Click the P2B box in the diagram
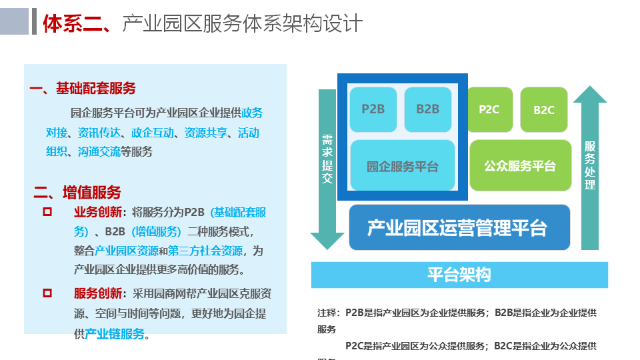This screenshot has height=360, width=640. [x=373, y=109]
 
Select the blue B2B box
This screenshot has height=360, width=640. [x=428, y=109]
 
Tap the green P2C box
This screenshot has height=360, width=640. [x=489, y=109]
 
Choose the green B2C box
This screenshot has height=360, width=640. [x=544, y=109]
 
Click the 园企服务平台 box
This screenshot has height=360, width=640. [x=403, y=165]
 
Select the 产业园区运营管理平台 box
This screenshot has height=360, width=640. [x=459, y=228]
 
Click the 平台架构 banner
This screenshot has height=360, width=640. [x=459, y=275]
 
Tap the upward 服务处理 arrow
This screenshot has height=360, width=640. [x=590, y=167]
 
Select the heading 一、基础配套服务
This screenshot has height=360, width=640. [x=83, y=89]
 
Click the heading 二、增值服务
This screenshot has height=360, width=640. [x=77, y=193]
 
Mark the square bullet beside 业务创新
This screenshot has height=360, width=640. [x=47, y=212]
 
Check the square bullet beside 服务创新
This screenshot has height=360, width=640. [x=47, y=293]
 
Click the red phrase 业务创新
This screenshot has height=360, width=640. [x=98, y=213]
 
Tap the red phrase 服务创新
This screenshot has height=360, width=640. [x=98, y=293]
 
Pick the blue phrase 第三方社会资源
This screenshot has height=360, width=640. [x=205, y=251]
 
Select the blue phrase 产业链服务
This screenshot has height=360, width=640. [x=115, y=334]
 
